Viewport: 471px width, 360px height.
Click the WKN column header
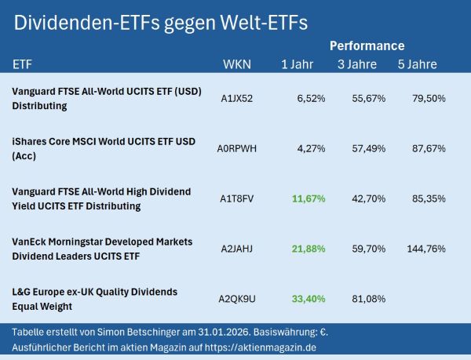coord(235,64)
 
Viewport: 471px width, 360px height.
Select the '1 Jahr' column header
coord(297,64)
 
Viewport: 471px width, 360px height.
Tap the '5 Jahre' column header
coord(417,64)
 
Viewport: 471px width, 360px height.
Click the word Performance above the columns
coord(367,45)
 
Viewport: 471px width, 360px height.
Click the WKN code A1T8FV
coord(237,198)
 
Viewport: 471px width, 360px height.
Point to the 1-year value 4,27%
coord(311,148)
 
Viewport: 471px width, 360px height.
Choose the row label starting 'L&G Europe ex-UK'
coord(95,299)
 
